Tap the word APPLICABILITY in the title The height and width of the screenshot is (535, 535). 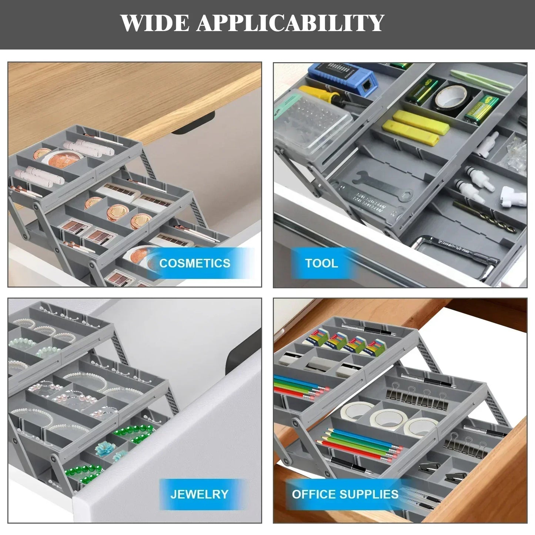click(290, 23)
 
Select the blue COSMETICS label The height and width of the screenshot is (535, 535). click(195, 263)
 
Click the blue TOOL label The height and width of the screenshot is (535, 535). click(321, 263)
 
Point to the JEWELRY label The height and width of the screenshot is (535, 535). click(199, 494)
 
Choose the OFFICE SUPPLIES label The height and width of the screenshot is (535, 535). click(345, 494)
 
